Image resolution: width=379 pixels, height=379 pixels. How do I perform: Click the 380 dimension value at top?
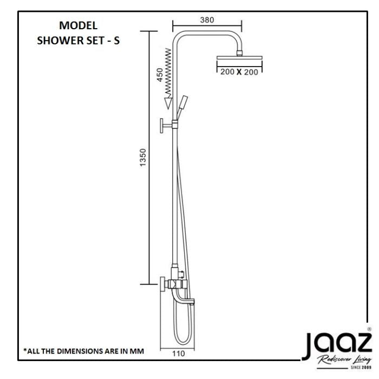tap(207, 20)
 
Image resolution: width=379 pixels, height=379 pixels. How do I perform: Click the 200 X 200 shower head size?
tap(239, 72)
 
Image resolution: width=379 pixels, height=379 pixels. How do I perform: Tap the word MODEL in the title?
tap(78, 25)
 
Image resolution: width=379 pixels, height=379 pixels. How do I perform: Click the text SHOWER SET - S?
tap(79, 40)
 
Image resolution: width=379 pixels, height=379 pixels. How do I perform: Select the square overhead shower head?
tap(239, 57)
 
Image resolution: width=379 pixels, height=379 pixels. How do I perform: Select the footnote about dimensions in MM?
tap(84, 351)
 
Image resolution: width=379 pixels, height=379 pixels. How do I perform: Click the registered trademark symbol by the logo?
tap(369, 329)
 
